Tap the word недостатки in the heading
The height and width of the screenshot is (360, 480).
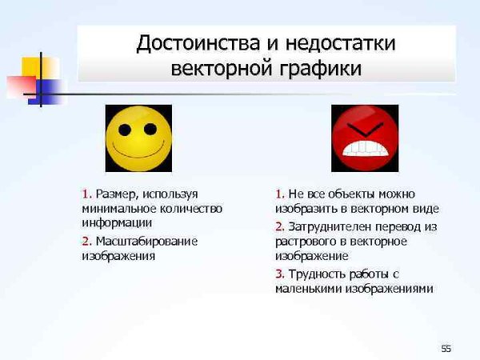(x=336, y=42)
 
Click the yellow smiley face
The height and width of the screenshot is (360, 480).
(x=138, y=138)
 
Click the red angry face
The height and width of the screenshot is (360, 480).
(x=364, y=138)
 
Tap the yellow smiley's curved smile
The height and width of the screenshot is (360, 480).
(x=138, y=152)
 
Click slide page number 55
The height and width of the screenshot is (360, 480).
(x=446, y=348)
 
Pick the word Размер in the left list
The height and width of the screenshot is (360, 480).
(x=118, y=194)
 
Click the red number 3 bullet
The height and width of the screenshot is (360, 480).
(x=278, y=274)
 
